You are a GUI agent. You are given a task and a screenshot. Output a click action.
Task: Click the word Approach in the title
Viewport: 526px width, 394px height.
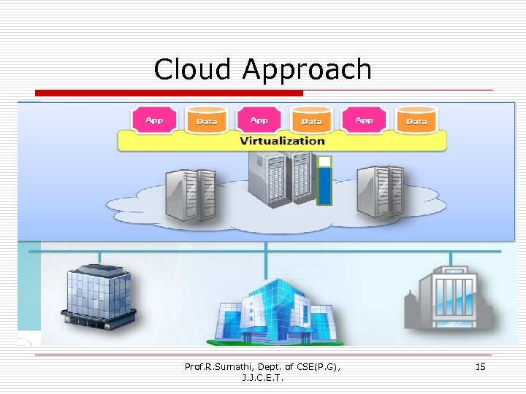click(307, 71)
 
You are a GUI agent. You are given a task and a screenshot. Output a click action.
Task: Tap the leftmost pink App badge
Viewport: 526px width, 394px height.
click(154, 120)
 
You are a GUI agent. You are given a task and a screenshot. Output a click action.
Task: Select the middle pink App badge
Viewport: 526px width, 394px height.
click(259, 120)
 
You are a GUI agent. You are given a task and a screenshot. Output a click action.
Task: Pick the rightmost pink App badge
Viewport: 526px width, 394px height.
click(364, 120)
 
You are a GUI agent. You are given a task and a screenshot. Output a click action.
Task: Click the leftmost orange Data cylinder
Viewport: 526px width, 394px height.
click(207, 120)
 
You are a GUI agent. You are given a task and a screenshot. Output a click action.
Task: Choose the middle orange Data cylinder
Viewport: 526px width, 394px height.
click(311, 120)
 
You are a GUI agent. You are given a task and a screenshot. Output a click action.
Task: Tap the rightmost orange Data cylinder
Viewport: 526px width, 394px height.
click(416, 120)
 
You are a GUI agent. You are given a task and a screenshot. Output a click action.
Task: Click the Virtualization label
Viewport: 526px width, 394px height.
click(282, 141)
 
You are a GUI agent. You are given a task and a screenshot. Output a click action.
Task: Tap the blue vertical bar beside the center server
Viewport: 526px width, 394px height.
click(324, 186)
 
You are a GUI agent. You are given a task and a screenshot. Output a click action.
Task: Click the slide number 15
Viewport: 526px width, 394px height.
click(480, 366)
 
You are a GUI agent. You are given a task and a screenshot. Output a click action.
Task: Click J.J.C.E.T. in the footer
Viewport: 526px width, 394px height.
click(262, 378)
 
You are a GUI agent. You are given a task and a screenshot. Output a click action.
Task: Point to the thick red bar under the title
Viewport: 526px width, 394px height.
click(169, 93)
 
